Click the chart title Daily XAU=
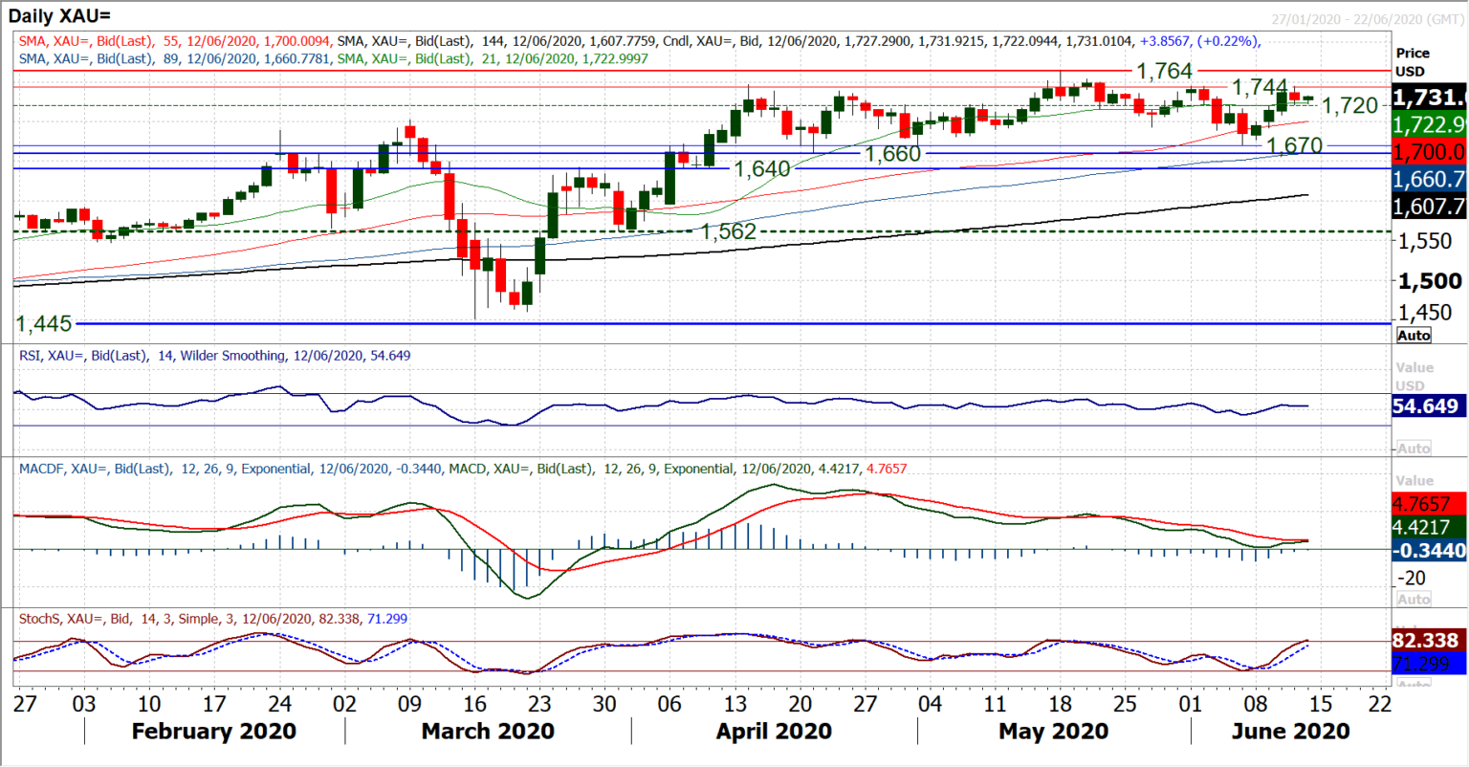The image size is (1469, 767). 59,15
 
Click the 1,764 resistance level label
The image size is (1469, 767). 1164,71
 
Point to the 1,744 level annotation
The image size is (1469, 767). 1260,88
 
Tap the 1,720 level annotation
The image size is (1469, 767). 1349,105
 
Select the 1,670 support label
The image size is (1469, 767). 1295,145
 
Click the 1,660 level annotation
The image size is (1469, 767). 892,154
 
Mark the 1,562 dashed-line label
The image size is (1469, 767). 728,231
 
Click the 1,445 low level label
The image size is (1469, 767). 44,323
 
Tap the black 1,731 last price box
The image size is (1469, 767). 1429,97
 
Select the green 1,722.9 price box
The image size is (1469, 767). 1429,124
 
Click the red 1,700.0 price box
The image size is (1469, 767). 1429,151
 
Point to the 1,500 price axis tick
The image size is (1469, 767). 1430,281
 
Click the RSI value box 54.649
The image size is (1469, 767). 1425,406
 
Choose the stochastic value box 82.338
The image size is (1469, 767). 1425,640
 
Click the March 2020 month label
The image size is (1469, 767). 488,732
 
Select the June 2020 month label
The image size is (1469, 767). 1290,732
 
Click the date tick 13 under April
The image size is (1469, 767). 734,704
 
